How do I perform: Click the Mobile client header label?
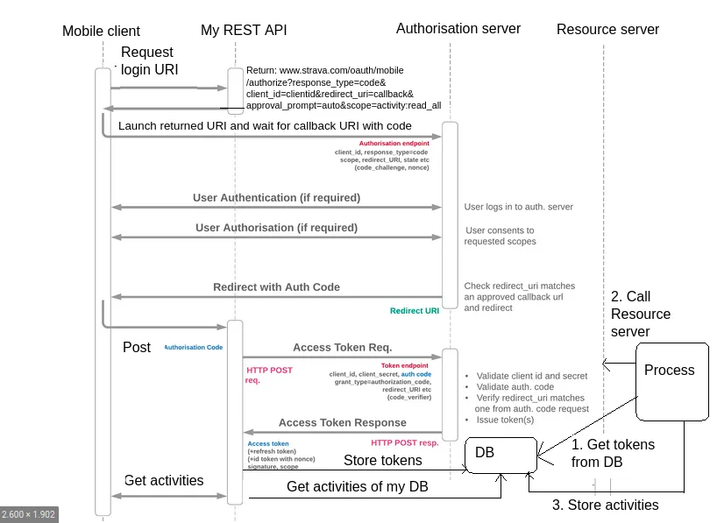click(101, 31)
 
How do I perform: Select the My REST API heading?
click(244, 31)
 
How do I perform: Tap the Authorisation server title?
click(458, 29)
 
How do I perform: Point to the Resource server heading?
click(607, 30)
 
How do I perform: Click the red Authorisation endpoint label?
click(394, 142)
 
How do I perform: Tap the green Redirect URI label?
click(414, 311)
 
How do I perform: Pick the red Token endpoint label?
click(404, 365)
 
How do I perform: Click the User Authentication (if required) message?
click(276, 198)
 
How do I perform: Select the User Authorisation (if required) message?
click(276, 228)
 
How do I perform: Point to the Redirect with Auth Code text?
click(276, 287)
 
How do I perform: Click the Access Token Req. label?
click(342, 347)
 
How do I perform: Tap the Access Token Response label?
click(342, 423)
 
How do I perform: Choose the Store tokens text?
click(382, 460)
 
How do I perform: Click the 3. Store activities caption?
click(605, 505)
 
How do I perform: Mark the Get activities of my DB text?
click(357, 487)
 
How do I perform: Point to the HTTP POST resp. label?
click(404, 442)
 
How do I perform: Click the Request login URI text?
click(149, 60)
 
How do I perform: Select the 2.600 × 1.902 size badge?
click(29, 514)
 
